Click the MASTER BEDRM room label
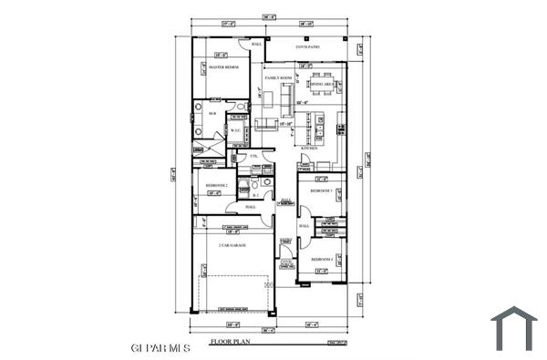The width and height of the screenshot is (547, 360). (222, 67)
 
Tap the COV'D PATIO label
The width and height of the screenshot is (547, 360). (308, 46)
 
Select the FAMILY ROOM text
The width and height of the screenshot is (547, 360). (278, 78)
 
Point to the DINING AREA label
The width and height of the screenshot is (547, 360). (324, 84)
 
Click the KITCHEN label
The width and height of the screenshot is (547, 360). (309, 147)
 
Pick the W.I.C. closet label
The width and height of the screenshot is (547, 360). (235, 129)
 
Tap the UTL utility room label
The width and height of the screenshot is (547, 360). (255, 156)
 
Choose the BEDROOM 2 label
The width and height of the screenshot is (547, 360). (215, 184)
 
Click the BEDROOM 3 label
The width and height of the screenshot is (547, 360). (321, 191)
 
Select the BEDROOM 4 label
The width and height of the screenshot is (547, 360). (322, 260)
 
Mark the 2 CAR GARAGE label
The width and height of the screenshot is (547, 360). (232, 245)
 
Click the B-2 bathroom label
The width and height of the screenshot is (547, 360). (256, 194)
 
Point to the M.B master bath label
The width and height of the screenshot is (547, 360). (212, 113)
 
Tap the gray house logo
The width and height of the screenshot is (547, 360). (514, 328)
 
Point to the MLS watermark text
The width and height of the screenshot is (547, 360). (160, 347)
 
